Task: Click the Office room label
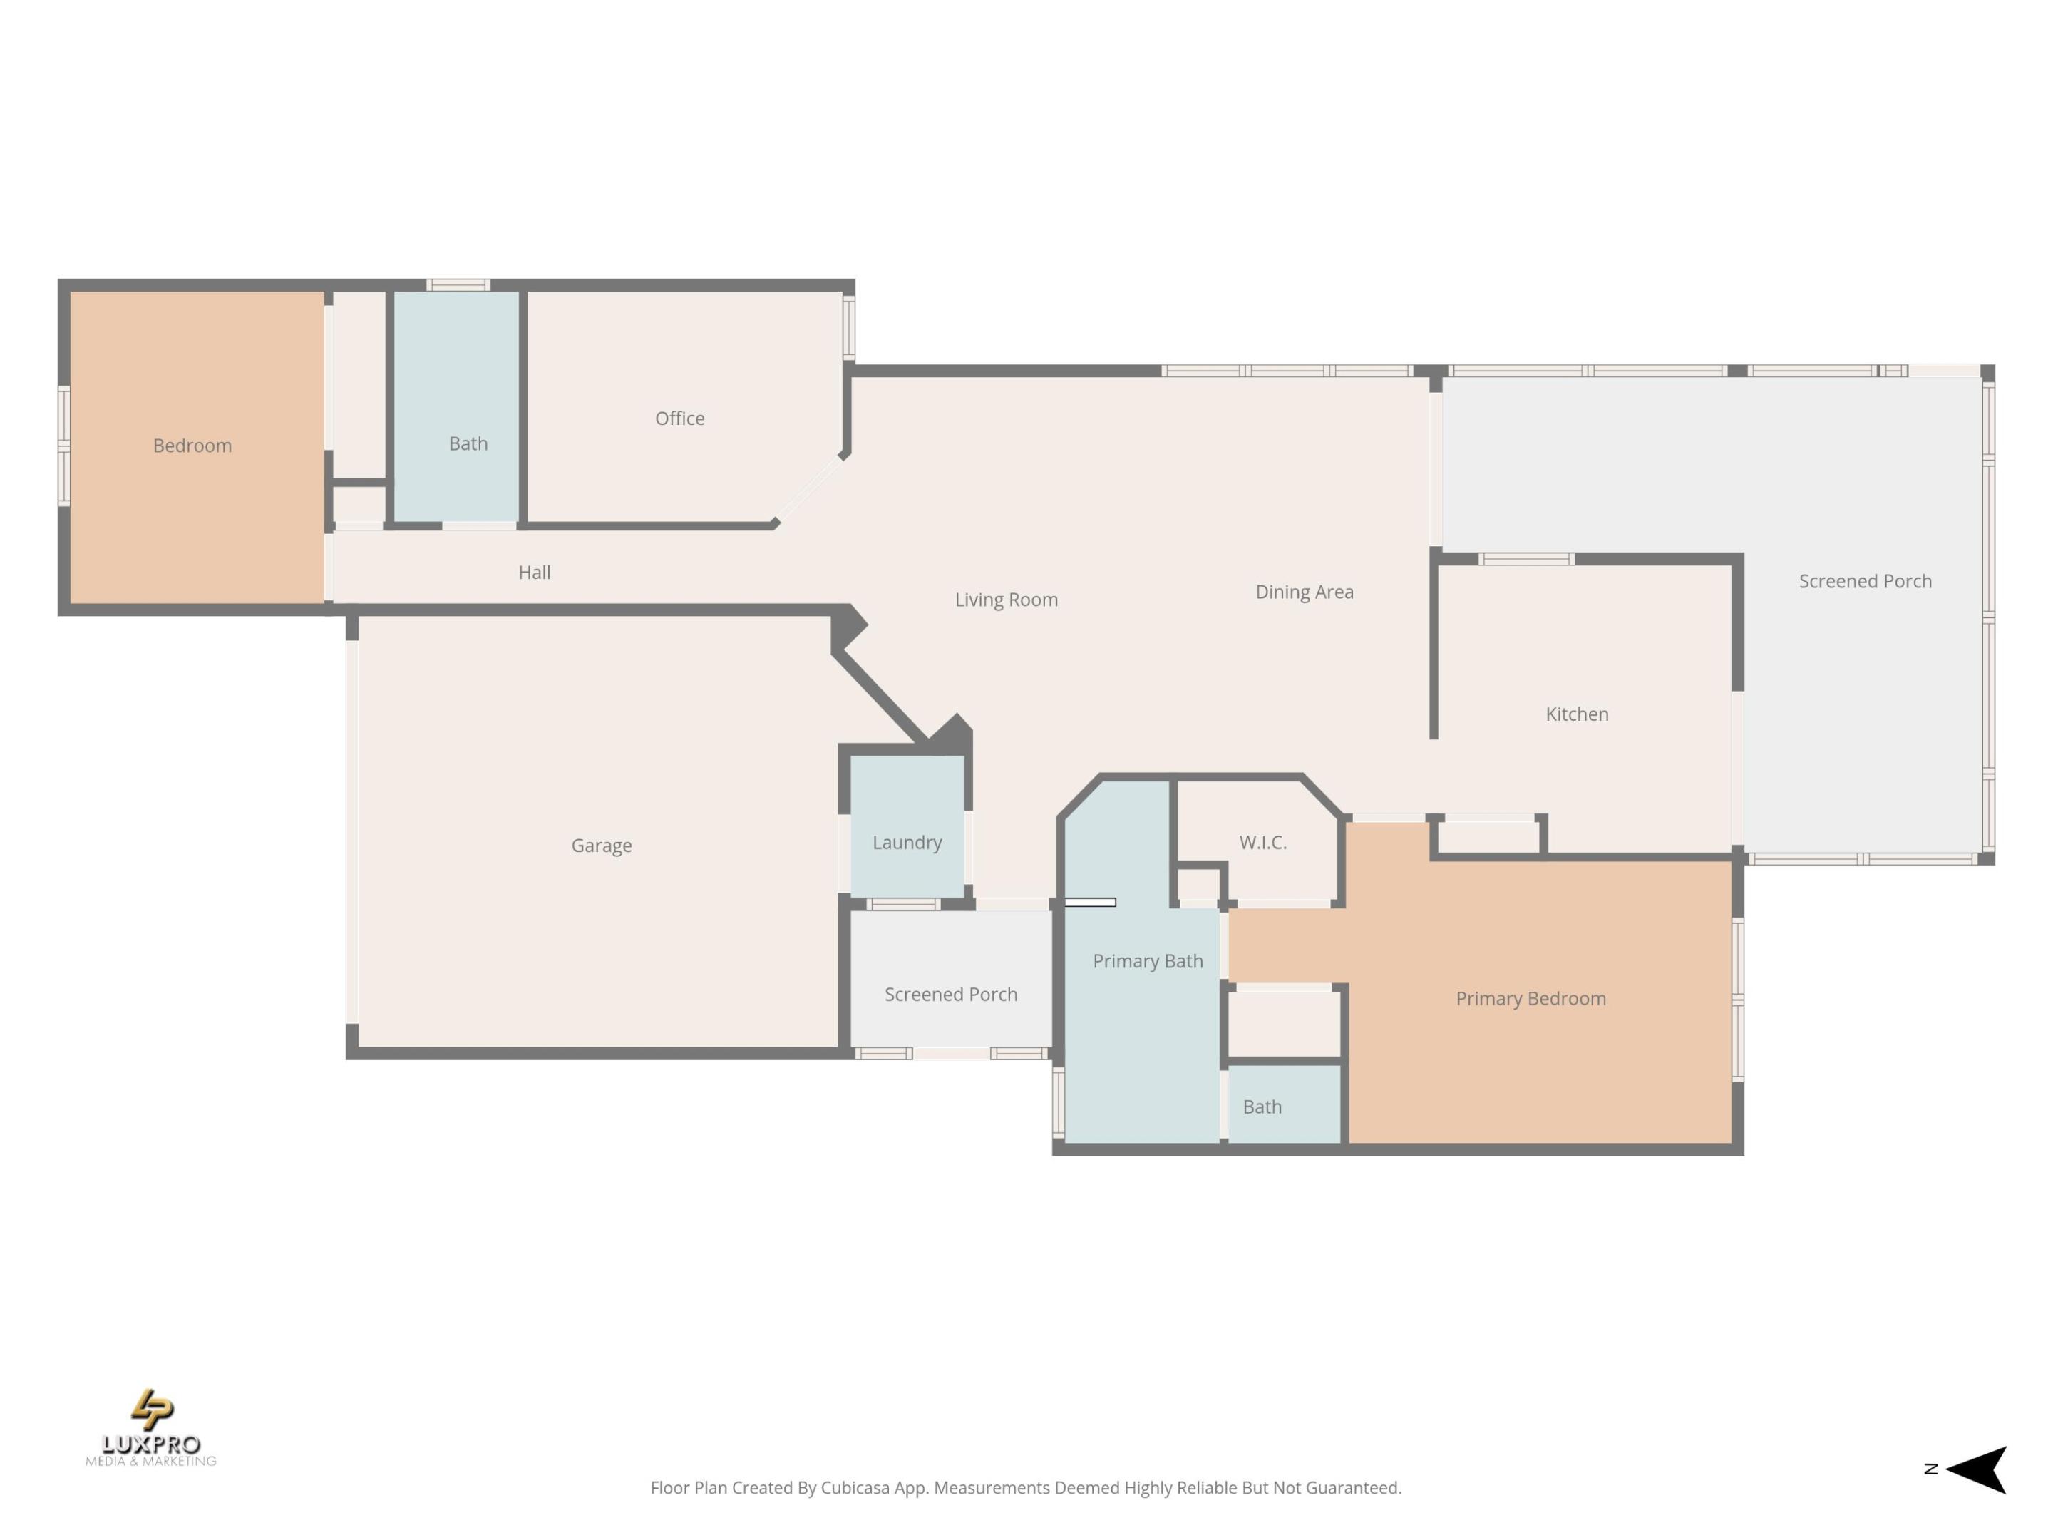[x=679, y=419]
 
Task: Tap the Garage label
[x=602, y=846]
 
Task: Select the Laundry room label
[x=907, y=843]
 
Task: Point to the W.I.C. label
[x=1262, y=843]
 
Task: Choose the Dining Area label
[x=1304, y=592]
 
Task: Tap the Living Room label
[x=1006, y=600]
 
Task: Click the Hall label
[x=534, y=573]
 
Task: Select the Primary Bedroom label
[x=1530, y=999]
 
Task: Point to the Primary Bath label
[x=1147, y=962]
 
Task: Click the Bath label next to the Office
[x=468, y=443]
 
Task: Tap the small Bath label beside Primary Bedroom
[x=1261, y=1107]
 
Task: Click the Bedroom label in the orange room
[x=192, y=446]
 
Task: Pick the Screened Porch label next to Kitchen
[x=1865, y=581]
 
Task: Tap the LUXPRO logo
[x=151, y=1427]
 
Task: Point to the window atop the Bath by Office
[x=458, y=285]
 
